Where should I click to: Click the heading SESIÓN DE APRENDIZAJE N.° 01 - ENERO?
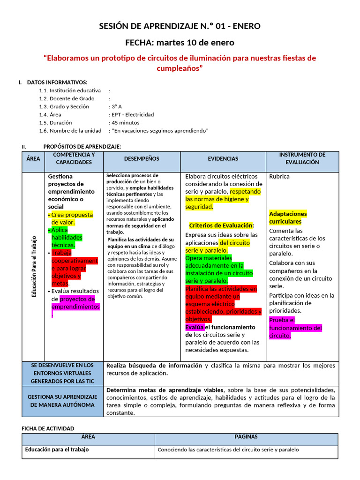[x=180, y=26]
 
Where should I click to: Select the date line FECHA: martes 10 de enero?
[x=180, y=43]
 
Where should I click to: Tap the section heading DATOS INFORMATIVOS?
[x=57, y=82]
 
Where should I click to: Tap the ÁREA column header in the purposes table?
[x=33, y=159]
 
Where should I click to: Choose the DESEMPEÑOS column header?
[x=142, y=159]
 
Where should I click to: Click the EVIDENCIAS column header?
[x=223, y=159]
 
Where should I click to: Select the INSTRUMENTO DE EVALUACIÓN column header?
[x=302, y=158]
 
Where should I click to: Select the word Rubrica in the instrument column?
[x=279, y=177]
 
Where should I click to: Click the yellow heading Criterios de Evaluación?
[x=221, y=225]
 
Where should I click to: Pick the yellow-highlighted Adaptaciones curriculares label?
[x=287, y=217]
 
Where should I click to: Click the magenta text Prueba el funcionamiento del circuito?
[x=295, y=328]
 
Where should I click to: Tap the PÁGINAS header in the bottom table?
[x=246, y=437]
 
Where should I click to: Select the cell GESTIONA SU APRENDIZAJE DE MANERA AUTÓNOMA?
[x=62, y=401]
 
